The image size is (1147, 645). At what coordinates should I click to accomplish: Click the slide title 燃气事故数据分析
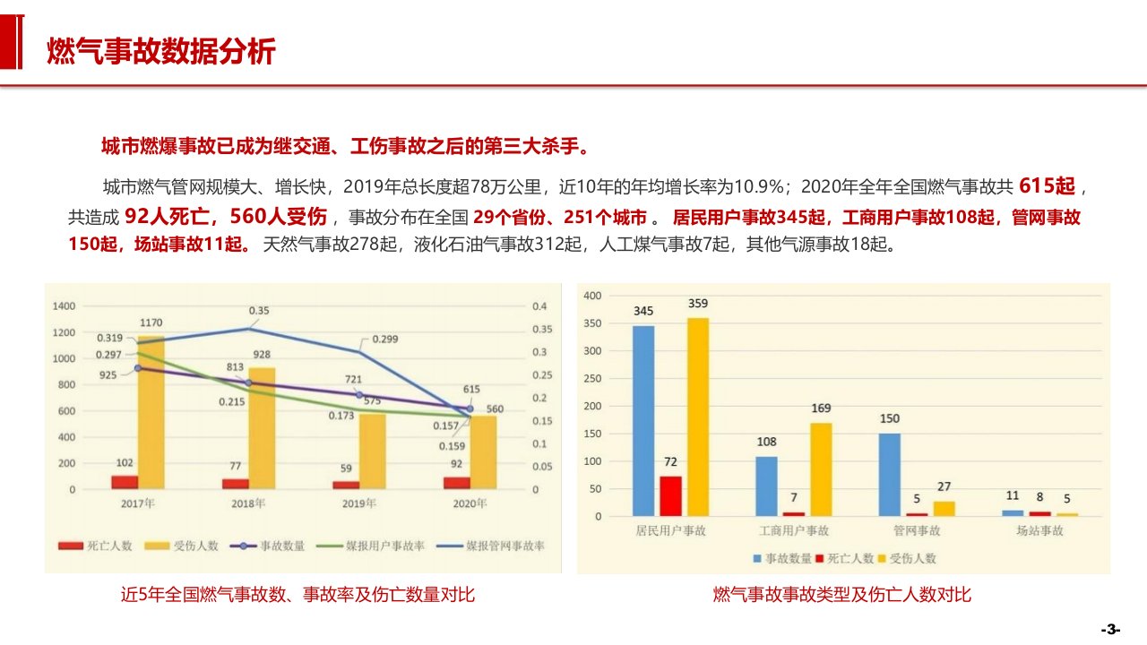tap(161, 52)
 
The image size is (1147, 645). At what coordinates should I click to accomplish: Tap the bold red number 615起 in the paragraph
tap(1047, 187)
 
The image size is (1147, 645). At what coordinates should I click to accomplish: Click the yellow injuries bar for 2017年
tap(151, 412)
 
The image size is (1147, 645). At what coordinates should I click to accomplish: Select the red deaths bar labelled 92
tap(456, 483)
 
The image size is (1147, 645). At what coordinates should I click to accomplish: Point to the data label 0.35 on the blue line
tap(259, 311)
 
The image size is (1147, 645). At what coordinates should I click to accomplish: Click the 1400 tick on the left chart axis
tap(64, 306)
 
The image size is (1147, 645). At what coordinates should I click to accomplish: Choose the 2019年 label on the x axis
tap(359, 503)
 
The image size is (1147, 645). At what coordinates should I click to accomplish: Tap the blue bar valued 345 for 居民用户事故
tap(643, 421)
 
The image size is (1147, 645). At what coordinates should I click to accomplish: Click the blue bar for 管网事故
tap(890, 475)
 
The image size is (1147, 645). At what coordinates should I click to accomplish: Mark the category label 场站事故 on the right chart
tap(1039, 531)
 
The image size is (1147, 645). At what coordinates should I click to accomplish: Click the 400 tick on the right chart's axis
tap(592, 296)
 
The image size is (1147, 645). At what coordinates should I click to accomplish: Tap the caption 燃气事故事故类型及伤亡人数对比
tap(842, 595)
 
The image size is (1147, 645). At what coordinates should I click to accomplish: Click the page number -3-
tap(1111, 629)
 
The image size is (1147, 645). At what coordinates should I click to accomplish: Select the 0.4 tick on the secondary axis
tap(539, 306)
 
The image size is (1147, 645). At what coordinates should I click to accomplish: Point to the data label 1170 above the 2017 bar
tap(151, 322)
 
